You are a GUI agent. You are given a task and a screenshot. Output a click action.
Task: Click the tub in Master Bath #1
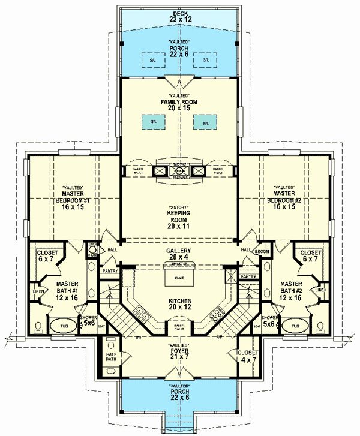click(59, 327)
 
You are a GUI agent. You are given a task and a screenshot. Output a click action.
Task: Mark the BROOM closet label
click(261, 252)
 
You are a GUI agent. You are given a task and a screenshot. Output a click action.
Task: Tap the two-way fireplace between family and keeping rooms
click(180, 170)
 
